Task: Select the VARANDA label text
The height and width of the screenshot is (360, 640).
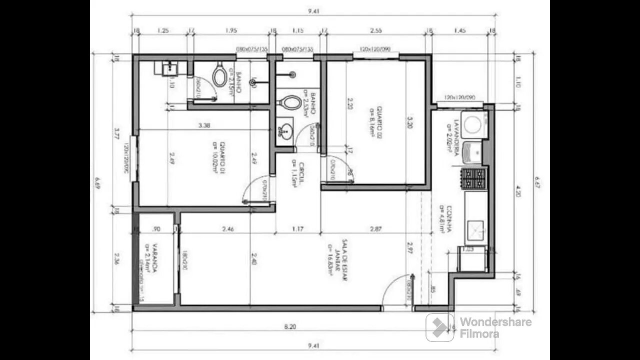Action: pos(153,258)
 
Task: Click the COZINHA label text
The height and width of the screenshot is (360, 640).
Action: pos(446,220)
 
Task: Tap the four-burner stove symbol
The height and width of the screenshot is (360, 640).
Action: pos(473,178)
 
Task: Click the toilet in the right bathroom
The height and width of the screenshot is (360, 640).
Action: pos(289,103)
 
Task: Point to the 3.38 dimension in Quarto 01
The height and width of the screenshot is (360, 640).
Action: pos(203,126)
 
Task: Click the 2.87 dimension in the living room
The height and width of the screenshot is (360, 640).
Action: pos(375,229)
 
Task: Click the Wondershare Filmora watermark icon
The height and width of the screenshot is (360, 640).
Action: pos(440,327)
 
